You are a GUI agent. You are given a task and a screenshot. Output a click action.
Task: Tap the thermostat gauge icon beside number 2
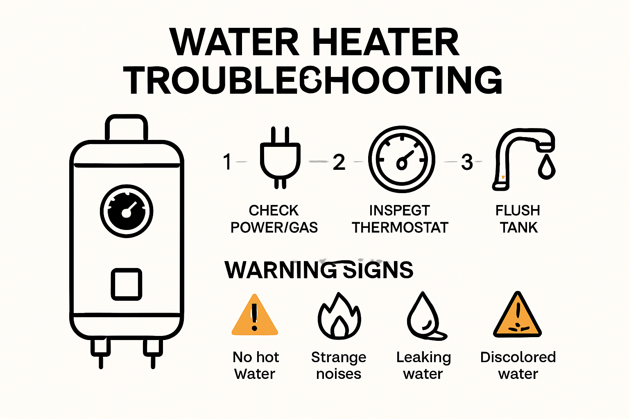[x=401, y=159]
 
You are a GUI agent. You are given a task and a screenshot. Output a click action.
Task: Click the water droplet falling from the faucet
[x=546, y=167]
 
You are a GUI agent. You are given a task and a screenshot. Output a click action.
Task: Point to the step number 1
[x=228, y=162]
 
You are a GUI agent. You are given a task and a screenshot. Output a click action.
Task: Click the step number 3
[x=467, y=162]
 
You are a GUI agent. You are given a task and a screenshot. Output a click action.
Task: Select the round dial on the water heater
[x=127, y=212]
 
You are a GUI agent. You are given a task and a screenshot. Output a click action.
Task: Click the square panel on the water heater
[x=127, y=284]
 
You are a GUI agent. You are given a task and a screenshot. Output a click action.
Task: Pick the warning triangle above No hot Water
[x=255, y=316]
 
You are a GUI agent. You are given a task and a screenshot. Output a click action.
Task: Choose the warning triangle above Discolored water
[x=518, y=316]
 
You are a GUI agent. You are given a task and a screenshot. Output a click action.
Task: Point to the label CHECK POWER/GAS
[x=274, y=219]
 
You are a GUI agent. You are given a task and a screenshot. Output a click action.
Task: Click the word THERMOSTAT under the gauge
[x=400, y=228]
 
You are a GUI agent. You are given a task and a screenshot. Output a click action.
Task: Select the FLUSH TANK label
[x=518, y=219]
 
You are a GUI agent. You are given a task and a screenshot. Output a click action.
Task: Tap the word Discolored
[x=518, y=357]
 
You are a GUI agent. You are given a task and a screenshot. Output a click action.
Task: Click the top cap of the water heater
[x=127, y=128]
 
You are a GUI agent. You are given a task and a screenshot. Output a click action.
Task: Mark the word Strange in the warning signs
[x=339, y=357]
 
